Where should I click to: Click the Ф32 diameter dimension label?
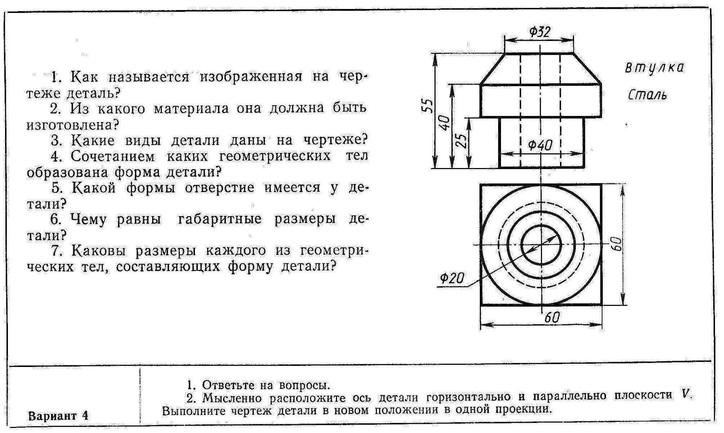[539, 32]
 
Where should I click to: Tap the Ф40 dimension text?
[540, 145]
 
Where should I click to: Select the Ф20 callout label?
[452, 278]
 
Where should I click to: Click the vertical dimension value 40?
[445, 123]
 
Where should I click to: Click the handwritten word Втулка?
[654, 68]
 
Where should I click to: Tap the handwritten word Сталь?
[647, 95]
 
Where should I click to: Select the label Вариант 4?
[58, 416]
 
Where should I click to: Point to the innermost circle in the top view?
[541, 245]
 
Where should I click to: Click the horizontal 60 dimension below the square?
[552, 318]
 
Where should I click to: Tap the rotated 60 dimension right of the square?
[615, 244]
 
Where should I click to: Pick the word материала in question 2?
[191, 108]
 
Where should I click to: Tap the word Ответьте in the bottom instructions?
[227, 385]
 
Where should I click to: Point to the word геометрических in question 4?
[249, 156]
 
